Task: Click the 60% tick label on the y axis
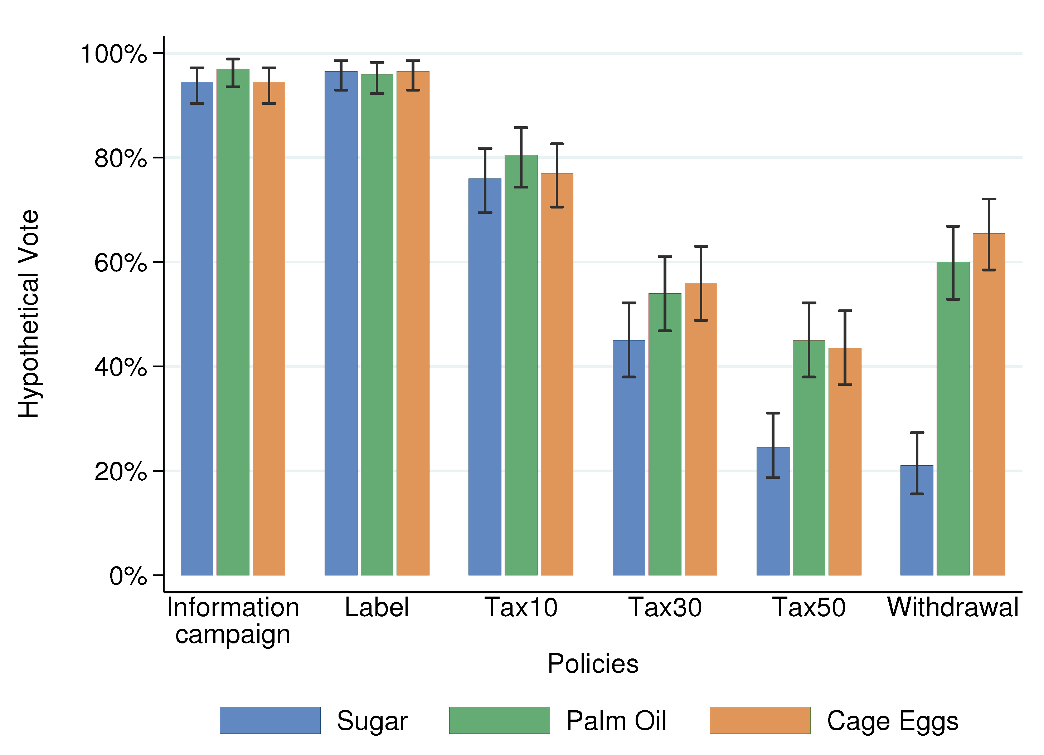(x=121, y=263)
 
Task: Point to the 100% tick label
(x=114, y=54)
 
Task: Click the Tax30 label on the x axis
(x=665, y=607)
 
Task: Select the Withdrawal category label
(x=952, y=607)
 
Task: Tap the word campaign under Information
(x=233, y=635)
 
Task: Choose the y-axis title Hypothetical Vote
(x=29, y=314)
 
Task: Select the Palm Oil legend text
(x=616, y=721)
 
